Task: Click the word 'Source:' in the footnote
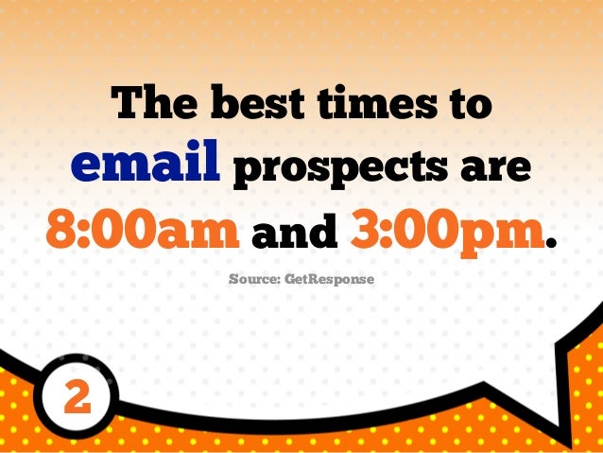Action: tap(254, 280)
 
